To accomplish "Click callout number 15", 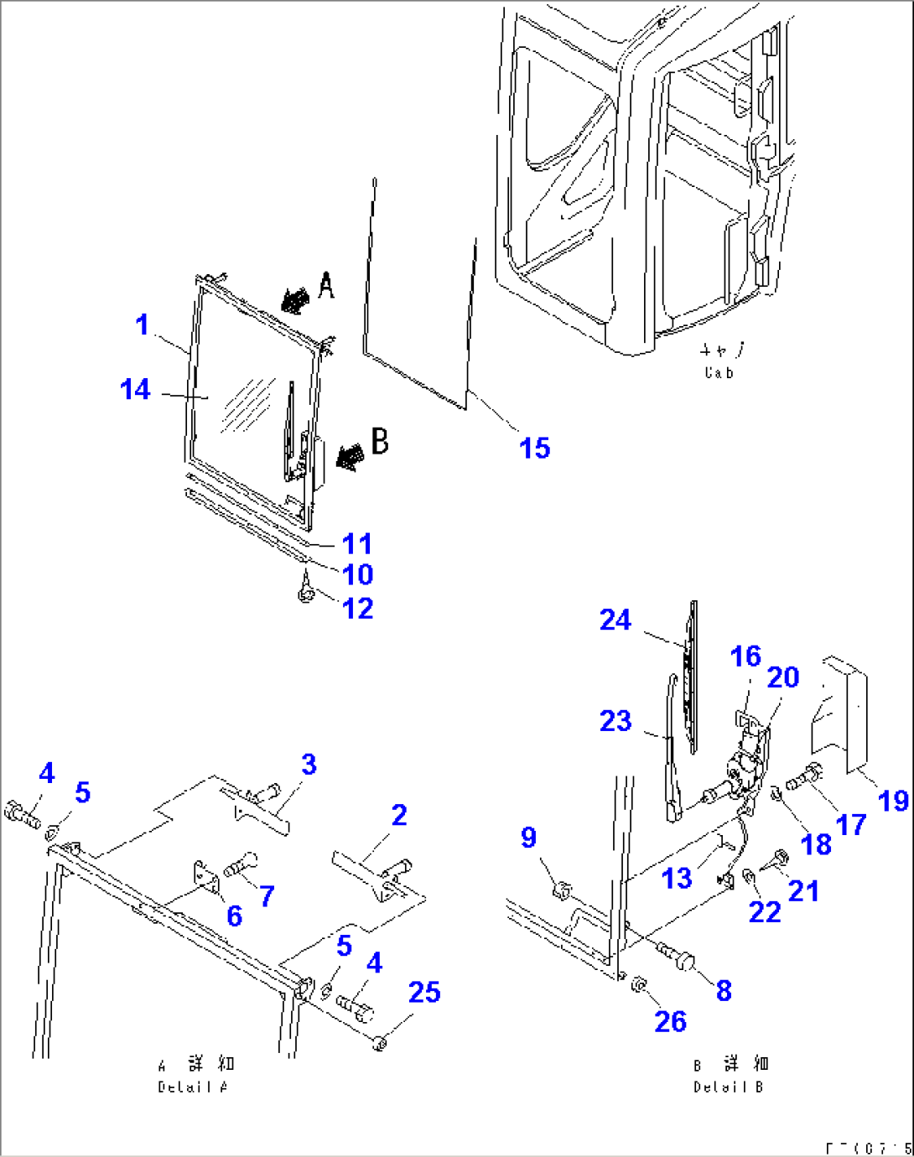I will (x=534, y=448).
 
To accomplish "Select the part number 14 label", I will (x=135, y=389).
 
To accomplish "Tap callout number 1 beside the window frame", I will (x=142, y=324).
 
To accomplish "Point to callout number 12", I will (x=358, y=608).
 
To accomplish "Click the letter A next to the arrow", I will (x=326, y=287).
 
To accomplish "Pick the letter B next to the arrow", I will (x=380, y=441).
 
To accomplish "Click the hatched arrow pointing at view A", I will (x=294, y=300).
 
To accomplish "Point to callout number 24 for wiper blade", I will (x=615, y=620).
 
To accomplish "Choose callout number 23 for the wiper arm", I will (x=615, y=720).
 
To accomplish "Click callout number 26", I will (x=670, y=1021).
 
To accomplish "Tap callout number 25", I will (x=424, y=992).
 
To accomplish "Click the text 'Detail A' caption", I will (x=193, y=1087).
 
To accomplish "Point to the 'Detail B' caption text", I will (x=729, y=1087).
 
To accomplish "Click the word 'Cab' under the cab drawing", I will (x=719, y=373).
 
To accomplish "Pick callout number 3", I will (x=309, y=764).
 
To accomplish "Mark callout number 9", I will (x=528, y=837).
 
